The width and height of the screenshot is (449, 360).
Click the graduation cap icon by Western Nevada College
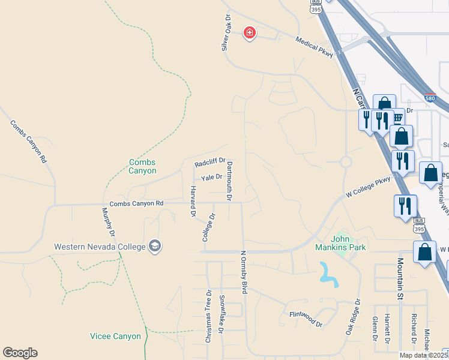pyautogui.click(x=155, y=247)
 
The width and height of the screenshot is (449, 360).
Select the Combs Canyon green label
pyautogui.click(x=143, y=166)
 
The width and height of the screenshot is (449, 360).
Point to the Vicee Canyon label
pyautogui.click(x=115, y=336)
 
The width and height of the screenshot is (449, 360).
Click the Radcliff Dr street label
pyautogui.click(x=209, y=163)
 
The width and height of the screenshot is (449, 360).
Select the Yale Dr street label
pyautogui.click(x=211, y=177)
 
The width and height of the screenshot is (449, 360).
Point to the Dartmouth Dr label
pyautogui.click(x=229, y=180)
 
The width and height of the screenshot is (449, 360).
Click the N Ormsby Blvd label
pyautogui.click(x=244, y=272)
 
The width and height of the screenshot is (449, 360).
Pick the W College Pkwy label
pyautogui.click(x=368, y=187)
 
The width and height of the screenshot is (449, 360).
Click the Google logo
pyautogui.click(x=20, y=353)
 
